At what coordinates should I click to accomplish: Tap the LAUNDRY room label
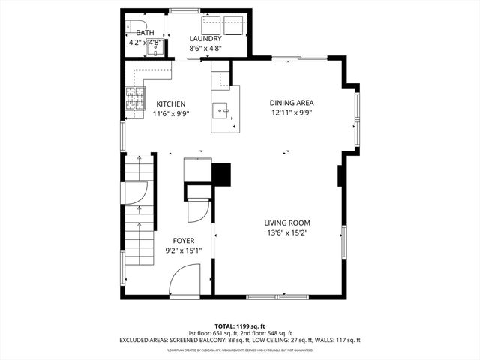(205, 39)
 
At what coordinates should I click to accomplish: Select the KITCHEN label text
(171, 104)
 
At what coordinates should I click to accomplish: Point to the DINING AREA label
(292, 103)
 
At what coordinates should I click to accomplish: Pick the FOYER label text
(184, 241)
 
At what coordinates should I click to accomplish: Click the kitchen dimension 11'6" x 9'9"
(171, 114)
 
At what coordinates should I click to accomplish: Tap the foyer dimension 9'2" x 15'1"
(184, 250)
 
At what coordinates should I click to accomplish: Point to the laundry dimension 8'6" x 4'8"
(205, 49)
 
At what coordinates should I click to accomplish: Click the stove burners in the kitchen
(135, 100)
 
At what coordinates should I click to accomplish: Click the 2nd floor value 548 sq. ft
(277, 333)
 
